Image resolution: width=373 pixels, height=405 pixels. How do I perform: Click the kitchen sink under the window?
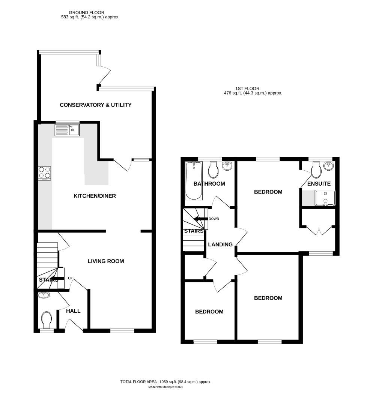67,130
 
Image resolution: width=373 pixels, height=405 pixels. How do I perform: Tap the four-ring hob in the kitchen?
45,173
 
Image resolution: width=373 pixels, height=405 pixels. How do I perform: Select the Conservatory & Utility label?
96,105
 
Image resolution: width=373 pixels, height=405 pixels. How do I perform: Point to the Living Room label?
105,261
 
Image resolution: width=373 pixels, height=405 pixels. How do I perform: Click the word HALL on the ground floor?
73,311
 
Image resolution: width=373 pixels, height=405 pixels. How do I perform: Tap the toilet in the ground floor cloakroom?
47,320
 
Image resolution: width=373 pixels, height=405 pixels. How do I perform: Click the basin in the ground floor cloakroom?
44,295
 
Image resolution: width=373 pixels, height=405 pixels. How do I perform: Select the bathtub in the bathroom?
194,180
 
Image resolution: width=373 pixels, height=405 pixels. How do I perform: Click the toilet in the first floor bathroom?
214,170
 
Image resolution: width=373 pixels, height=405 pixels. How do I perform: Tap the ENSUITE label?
319,184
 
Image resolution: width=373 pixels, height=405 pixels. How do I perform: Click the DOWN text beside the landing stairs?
214,219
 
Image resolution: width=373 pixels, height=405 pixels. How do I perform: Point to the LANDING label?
220,244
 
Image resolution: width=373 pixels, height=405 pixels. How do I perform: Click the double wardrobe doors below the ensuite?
319,229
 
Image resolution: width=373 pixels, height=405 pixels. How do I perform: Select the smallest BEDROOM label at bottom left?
209,312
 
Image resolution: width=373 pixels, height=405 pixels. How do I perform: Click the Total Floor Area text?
165,382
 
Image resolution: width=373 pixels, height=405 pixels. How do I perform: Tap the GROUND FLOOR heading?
86,12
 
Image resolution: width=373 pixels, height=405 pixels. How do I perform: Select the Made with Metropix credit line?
165,387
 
